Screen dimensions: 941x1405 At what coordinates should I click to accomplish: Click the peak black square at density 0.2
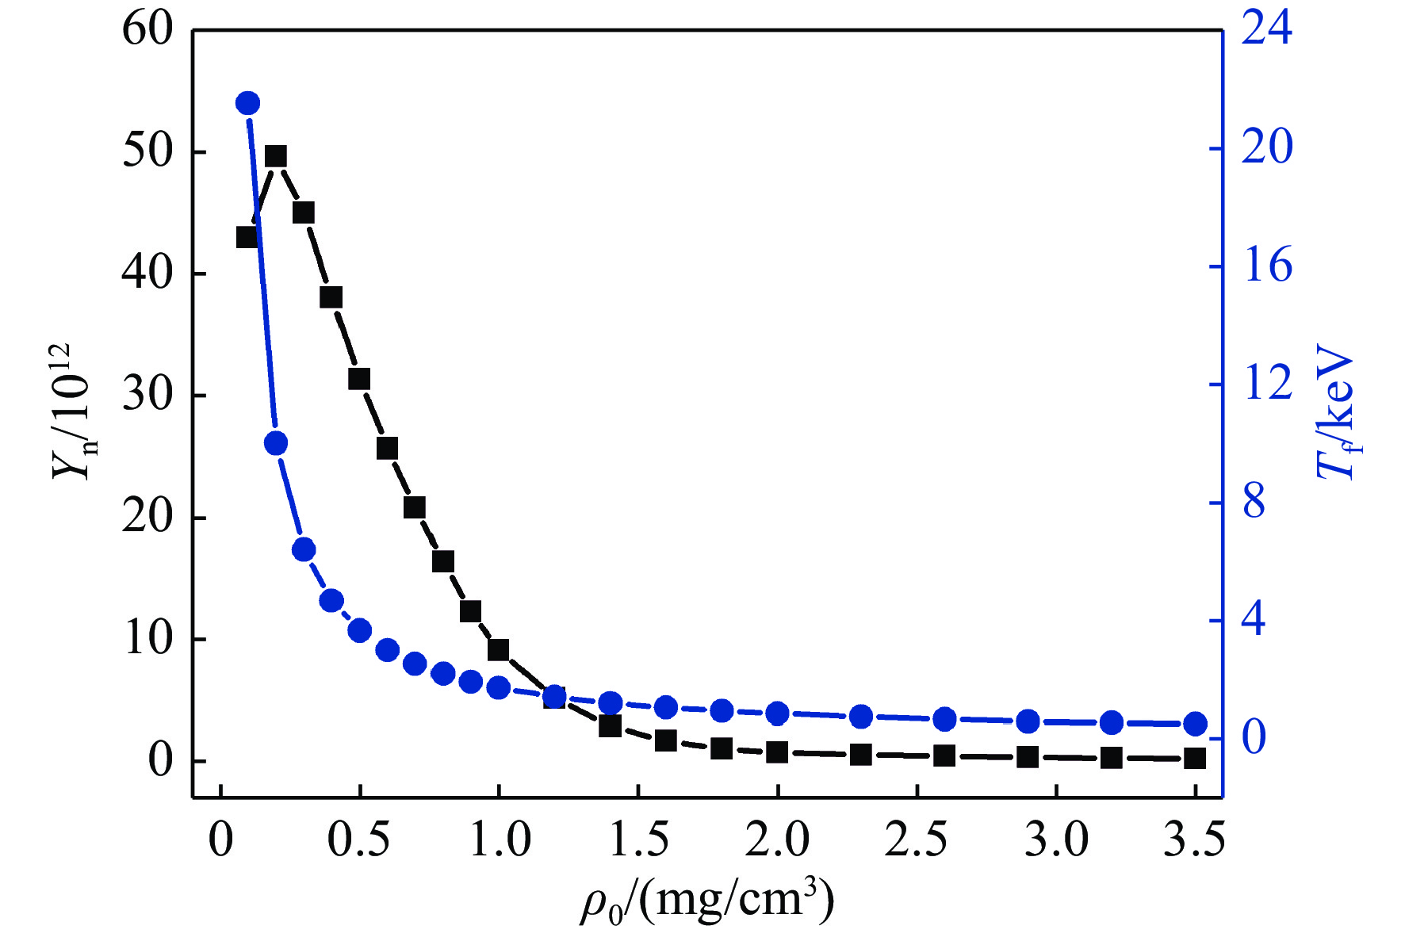click(276, 156)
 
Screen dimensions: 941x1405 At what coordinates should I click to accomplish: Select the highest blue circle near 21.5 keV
click(247, 103)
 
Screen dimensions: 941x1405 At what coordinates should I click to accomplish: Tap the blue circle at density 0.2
click(276, 443)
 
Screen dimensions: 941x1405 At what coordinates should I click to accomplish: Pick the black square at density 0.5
click(359, 379)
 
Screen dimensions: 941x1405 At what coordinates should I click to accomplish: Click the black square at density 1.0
click(498, 650)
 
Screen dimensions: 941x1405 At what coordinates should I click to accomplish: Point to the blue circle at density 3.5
click(1195, 724)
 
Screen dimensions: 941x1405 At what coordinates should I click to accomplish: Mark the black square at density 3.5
click(1195, 759)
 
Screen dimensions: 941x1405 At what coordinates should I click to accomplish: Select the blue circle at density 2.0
click(778, 713)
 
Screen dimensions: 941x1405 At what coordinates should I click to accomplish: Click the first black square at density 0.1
click(247, 237)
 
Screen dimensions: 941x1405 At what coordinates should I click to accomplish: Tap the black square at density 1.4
click(610, 725)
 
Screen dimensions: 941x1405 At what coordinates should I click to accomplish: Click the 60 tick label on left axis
click(147, 30)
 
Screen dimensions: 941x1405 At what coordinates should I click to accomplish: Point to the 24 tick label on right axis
click(1266, 29)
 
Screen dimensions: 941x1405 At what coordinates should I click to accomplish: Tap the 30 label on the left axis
click(147, 396)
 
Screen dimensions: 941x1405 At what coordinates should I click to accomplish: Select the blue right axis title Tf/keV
click(1338, 412)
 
